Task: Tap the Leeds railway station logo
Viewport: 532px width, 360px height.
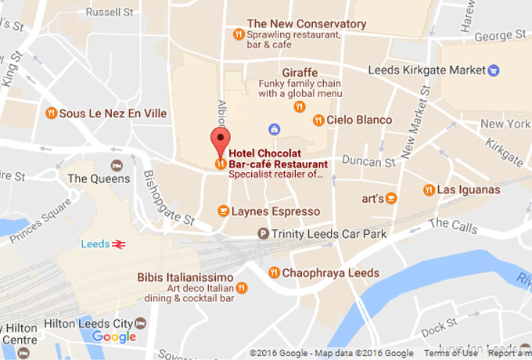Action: [118, 245]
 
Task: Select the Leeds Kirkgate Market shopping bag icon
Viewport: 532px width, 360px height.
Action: [493, 70]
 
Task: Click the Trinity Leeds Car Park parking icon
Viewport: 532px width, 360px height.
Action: [264, 233]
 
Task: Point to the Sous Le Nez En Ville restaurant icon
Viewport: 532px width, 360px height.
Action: [52, 113]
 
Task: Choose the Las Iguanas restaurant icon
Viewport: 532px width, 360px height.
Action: [429, 189]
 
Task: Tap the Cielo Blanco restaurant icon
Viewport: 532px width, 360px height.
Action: [318, 120]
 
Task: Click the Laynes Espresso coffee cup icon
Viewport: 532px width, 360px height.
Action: [223, 211]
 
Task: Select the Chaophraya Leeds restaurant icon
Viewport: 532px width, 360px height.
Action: [274, 272]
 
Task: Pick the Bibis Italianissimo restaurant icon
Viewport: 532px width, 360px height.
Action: [242, 288]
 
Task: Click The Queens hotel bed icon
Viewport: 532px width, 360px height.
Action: [117, 165]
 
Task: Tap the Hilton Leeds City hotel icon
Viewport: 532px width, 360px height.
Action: [140, 322]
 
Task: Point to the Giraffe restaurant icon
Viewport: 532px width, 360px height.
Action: [302, 106]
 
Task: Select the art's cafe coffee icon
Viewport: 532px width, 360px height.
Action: [392, 199]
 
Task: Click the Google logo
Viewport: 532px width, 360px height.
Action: [114, 337]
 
